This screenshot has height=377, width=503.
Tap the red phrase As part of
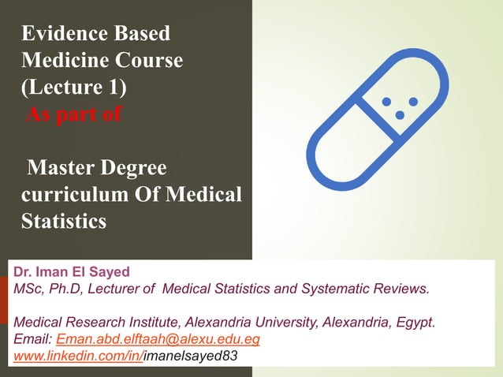click(74, 116)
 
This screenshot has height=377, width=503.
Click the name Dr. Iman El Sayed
click(72, 271)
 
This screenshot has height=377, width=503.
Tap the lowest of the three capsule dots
click(400, 115)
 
